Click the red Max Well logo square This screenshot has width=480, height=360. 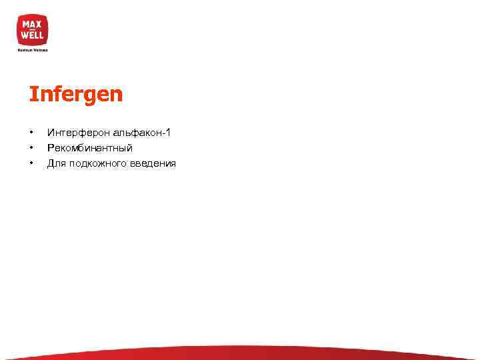pos(33,30)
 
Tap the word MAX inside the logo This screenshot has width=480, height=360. pos(33,24)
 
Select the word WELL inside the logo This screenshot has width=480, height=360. pos(33,35)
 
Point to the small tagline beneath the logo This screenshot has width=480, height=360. pos(33,49)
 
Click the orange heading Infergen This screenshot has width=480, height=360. pos(76,95)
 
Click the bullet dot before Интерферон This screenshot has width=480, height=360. pos(31,133)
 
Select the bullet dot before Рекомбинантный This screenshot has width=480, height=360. pos(31,148)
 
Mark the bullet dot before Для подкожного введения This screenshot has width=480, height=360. pos(31,163)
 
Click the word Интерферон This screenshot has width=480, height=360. pos(75,133)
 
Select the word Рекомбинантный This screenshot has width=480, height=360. pos(85,148)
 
